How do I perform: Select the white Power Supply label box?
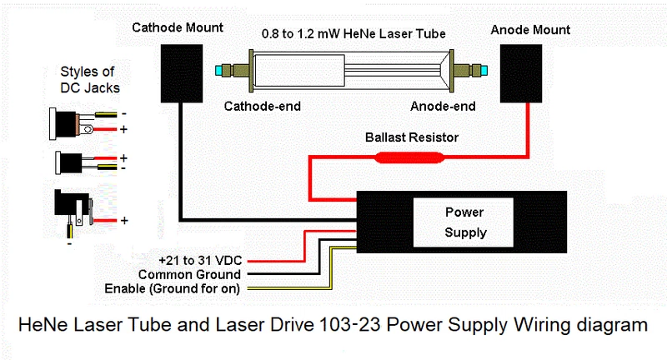[464, 222]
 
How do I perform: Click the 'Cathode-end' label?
[262, 107]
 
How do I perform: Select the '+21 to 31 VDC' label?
[200, 259]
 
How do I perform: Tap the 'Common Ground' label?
[189, 274]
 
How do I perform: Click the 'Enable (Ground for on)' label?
[173, 289]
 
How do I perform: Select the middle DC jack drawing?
[70, 162]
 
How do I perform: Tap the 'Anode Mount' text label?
[530, 30]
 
